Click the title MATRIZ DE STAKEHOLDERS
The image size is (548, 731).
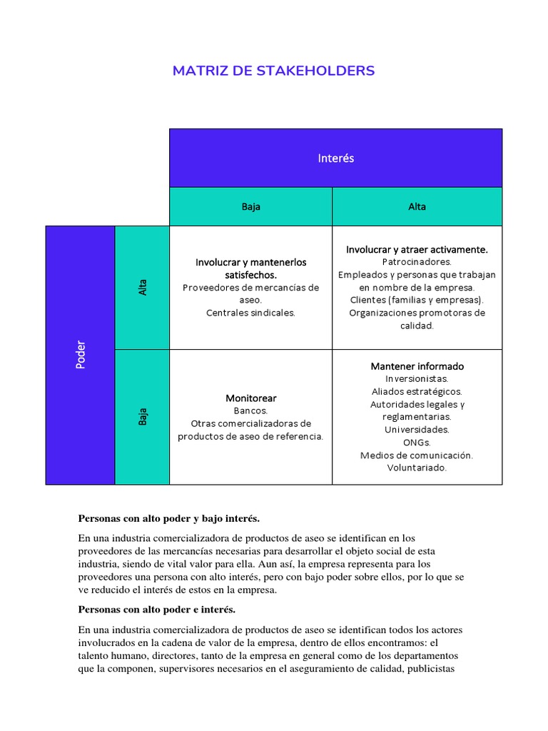click(x=273, y=71)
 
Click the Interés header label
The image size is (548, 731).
click(x=335, y=158)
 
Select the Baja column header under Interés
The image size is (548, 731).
click(x=250, y=206)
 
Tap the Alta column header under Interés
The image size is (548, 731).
click(x=417, y=206)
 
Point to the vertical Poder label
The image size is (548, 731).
click(x=81, y=355)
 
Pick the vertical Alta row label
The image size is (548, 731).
click(x=143, y=287)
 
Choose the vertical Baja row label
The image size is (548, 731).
click(x=143, y=417)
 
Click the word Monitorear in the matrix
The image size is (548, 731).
click(x=250, y=398)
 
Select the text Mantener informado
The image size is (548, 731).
click(x=417, y=366)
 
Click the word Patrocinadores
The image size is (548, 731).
click(x=417, y=262)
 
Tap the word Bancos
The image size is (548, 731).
click(x=250, y=410)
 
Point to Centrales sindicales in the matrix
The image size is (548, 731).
click(x=250, y=313)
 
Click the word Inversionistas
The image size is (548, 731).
click(x=417, y=379)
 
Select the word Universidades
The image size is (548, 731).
click(x=417, y=430)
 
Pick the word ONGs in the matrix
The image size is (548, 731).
click(x=417, y=443)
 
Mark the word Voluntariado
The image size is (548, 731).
click(x=417, y=468)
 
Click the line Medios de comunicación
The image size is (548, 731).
click(x=417, y=455)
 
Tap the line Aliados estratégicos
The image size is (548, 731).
click(x=417, y=392)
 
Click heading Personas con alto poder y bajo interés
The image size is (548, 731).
click(x=168, y=517)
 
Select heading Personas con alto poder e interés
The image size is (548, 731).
click(x=156, y=610)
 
